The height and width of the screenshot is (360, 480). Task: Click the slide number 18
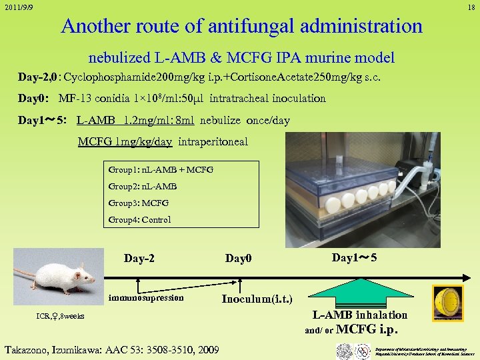pos(471,7)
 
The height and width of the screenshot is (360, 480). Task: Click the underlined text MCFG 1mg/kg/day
pos(125,141)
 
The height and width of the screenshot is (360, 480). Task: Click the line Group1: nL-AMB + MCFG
pos(160,170)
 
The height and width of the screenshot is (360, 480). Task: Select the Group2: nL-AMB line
pos(143,187)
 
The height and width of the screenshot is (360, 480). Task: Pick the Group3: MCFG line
pos(138,203)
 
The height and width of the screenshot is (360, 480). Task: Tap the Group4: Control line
pos(139,219)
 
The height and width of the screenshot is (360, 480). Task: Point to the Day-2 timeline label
pos(139,258)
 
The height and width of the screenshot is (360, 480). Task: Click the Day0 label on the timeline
pos(238,258)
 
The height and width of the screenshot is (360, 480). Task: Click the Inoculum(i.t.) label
pos(257,298)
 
